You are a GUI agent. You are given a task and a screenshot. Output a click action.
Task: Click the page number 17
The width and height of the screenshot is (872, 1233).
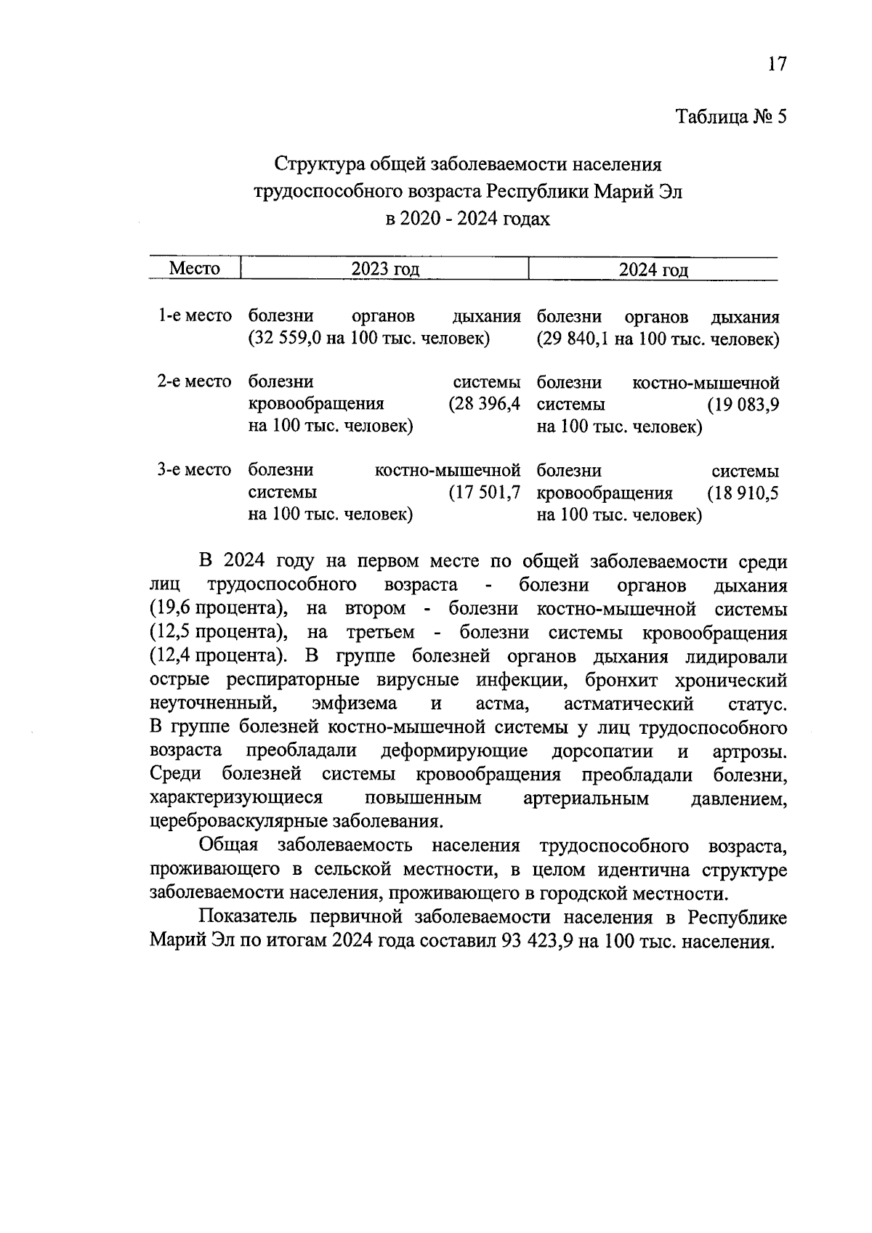click(x=776, y=65)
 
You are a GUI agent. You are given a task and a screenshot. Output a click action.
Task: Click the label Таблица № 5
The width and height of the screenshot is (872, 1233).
click(x=731, y=117)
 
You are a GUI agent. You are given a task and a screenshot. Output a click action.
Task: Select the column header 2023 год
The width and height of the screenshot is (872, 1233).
click(x=385, y=270)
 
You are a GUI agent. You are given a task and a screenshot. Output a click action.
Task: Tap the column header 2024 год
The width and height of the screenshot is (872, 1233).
click(x=653, y=270)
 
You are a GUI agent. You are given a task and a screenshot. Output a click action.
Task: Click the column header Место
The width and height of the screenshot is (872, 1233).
click(x=194, y=269)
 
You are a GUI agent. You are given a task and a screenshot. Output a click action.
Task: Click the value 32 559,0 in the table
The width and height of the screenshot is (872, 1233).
click(x=286, y=339)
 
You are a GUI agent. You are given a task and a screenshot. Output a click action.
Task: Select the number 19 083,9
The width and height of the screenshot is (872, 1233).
click(x=746, y=405)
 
